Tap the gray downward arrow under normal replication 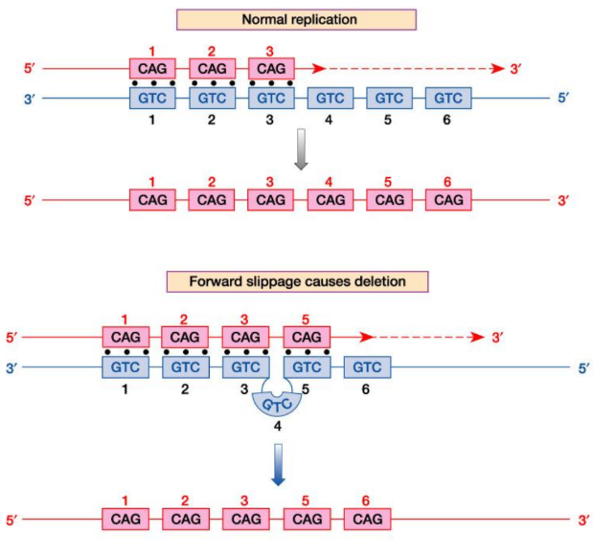(x=300, y=155)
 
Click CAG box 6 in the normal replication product (x=448, y=200)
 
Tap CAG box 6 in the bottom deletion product (x=366, y=520)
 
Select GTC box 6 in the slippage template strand (x=366, y=367)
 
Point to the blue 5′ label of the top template (x=566, y=98)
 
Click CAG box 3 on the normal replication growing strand (x=271, y=69)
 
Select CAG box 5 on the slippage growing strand (x=307, y=338)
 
